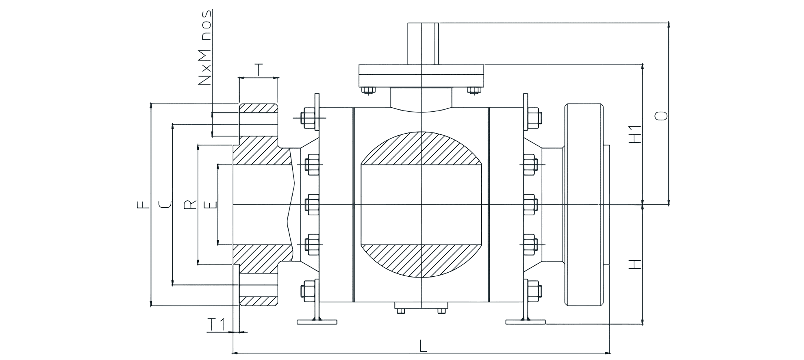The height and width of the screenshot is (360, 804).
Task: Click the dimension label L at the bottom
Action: click(423, 346)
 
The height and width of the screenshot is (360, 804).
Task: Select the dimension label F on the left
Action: click(142, 205)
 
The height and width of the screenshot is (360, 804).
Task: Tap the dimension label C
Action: click(164, 205)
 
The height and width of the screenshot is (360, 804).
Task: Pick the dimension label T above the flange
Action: click(259, 70)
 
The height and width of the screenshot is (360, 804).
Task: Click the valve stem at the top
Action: click(423, 43)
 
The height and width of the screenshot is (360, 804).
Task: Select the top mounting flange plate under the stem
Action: click(421, 75)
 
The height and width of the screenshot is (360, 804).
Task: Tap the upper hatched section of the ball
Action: click(422, 148)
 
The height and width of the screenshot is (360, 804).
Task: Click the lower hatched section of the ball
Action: click(422, 261)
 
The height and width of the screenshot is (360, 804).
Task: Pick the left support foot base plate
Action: click(317, 322)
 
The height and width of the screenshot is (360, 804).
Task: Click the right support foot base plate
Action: click(526, 322)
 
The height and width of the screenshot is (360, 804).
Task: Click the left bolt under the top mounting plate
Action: click(369, 90)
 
